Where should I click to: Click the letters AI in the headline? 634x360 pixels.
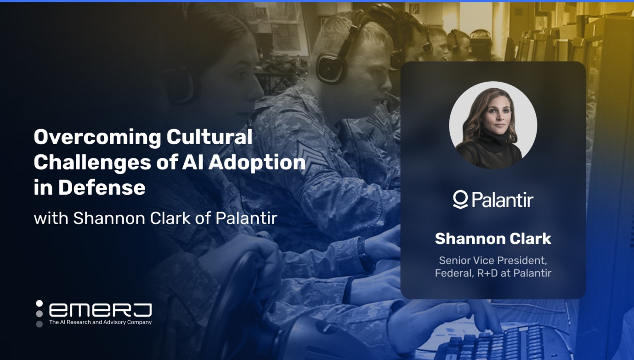click(x=192, y=162)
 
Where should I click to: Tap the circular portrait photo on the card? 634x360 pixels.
click(x=493, y=125)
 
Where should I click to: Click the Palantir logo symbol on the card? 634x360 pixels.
click(x=460, y=200)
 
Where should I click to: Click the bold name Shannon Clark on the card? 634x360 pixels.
click(x=493, y=239)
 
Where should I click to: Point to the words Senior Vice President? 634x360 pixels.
click(x=493, y=260)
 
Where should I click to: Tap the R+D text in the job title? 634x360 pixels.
click(x=487, y=273)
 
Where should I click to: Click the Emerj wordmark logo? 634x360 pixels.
click(x=100, y=310)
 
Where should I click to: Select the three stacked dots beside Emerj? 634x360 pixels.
click(x=40, y=314)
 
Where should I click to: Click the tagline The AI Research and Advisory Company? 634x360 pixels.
click(x=100, y=322)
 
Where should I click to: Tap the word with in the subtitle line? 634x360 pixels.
click(x=51, y=218)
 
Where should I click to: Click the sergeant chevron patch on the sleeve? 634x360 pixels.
click(x=309, y=154)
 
